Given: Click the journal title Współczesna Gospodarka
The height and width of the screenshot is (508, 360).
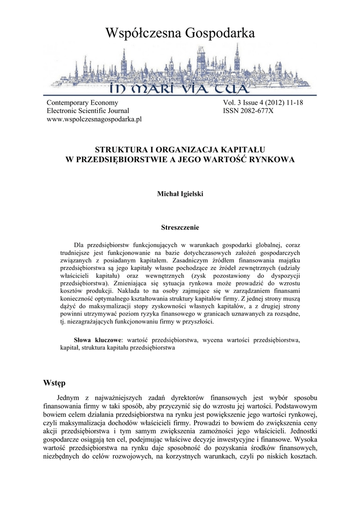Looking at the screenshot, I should click(180, 34).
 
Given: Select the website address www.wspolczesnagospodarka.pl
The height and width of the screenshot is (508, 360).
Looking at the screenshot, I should click(94, 120).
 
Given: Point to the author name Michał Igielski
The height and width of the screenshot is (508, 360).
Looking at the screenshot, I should click(180, 194).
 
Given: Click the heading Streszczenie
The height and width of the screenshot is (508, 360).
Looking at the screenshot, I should click(180, 228).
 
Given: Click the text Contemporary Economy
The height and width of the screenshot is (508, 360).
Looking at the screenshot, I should click(82, 103).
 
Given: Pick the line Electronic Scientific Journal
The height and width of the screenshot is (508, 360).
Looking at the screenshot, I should click(87, 111).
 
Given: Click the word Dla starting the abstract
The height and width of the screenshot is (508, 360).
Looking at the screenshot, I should click(79, 245).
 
